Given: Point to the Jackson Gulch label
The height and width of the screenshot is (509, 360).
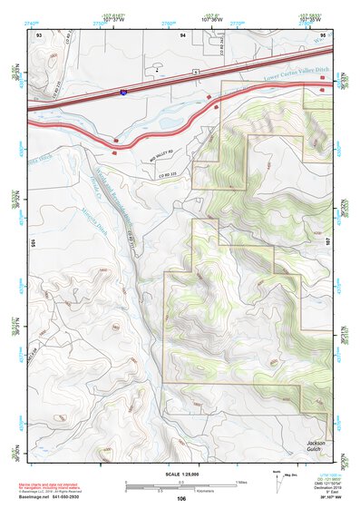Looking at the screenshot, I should (x=314, y=447).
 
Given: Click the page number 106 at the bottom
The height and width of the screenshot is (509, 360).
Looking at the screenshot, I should (x=181, y=498).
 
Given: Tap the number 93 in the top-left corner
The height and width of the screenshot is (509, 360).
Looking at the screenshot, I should (x=39, y=34).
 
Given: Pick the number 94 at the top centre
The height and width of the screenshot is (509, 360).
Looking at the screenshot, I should (x=182, y=34).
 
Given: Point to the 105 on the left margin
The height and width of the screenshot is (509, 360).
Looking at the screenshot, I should (x=32, y=243).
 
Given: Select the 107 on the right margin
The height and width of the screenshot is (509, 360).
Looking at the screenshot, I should (x=329, y=215).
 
